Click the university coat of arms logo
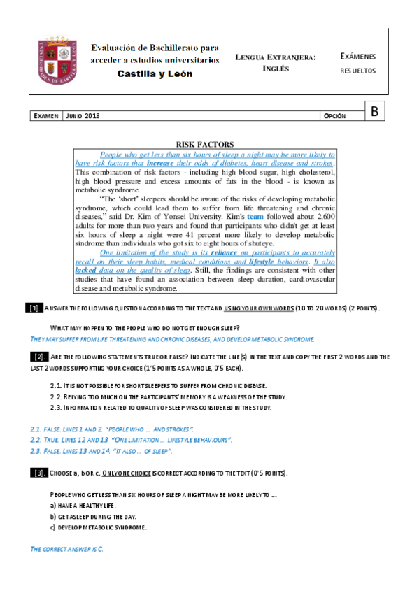point(60,59)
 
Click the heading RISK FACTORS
point(204,144)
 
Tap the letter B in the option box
point(375,110)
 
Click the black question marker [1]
point(35,309)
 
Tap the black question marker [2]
point(39,357)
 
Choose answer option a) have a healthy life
point(83,505)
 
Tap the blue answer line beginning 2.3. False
point(106,451)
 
